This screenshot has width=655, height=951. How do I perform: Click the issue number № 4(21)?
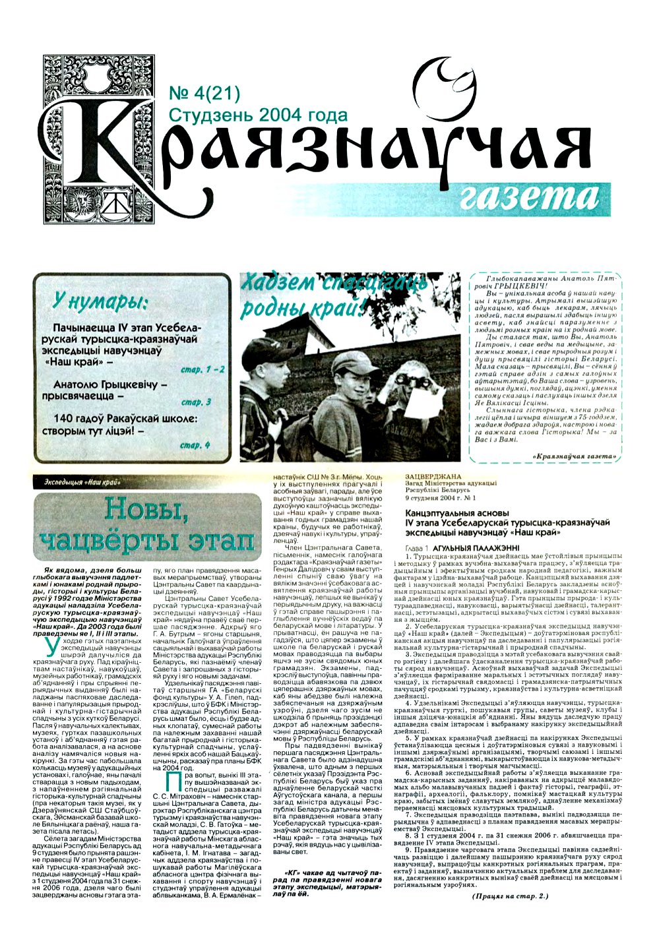[204, 94]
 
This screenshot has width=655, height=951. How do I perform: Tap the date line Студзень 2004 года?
[258, 115]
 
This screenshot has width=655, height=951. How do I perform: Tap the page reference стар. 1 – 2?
[203, 370]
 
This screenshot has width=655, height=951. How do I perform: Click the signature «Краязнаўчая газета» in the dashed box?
[573, 456]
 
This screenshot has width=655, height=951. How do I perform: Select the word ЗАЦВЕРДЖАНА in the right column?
[433, 476]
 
